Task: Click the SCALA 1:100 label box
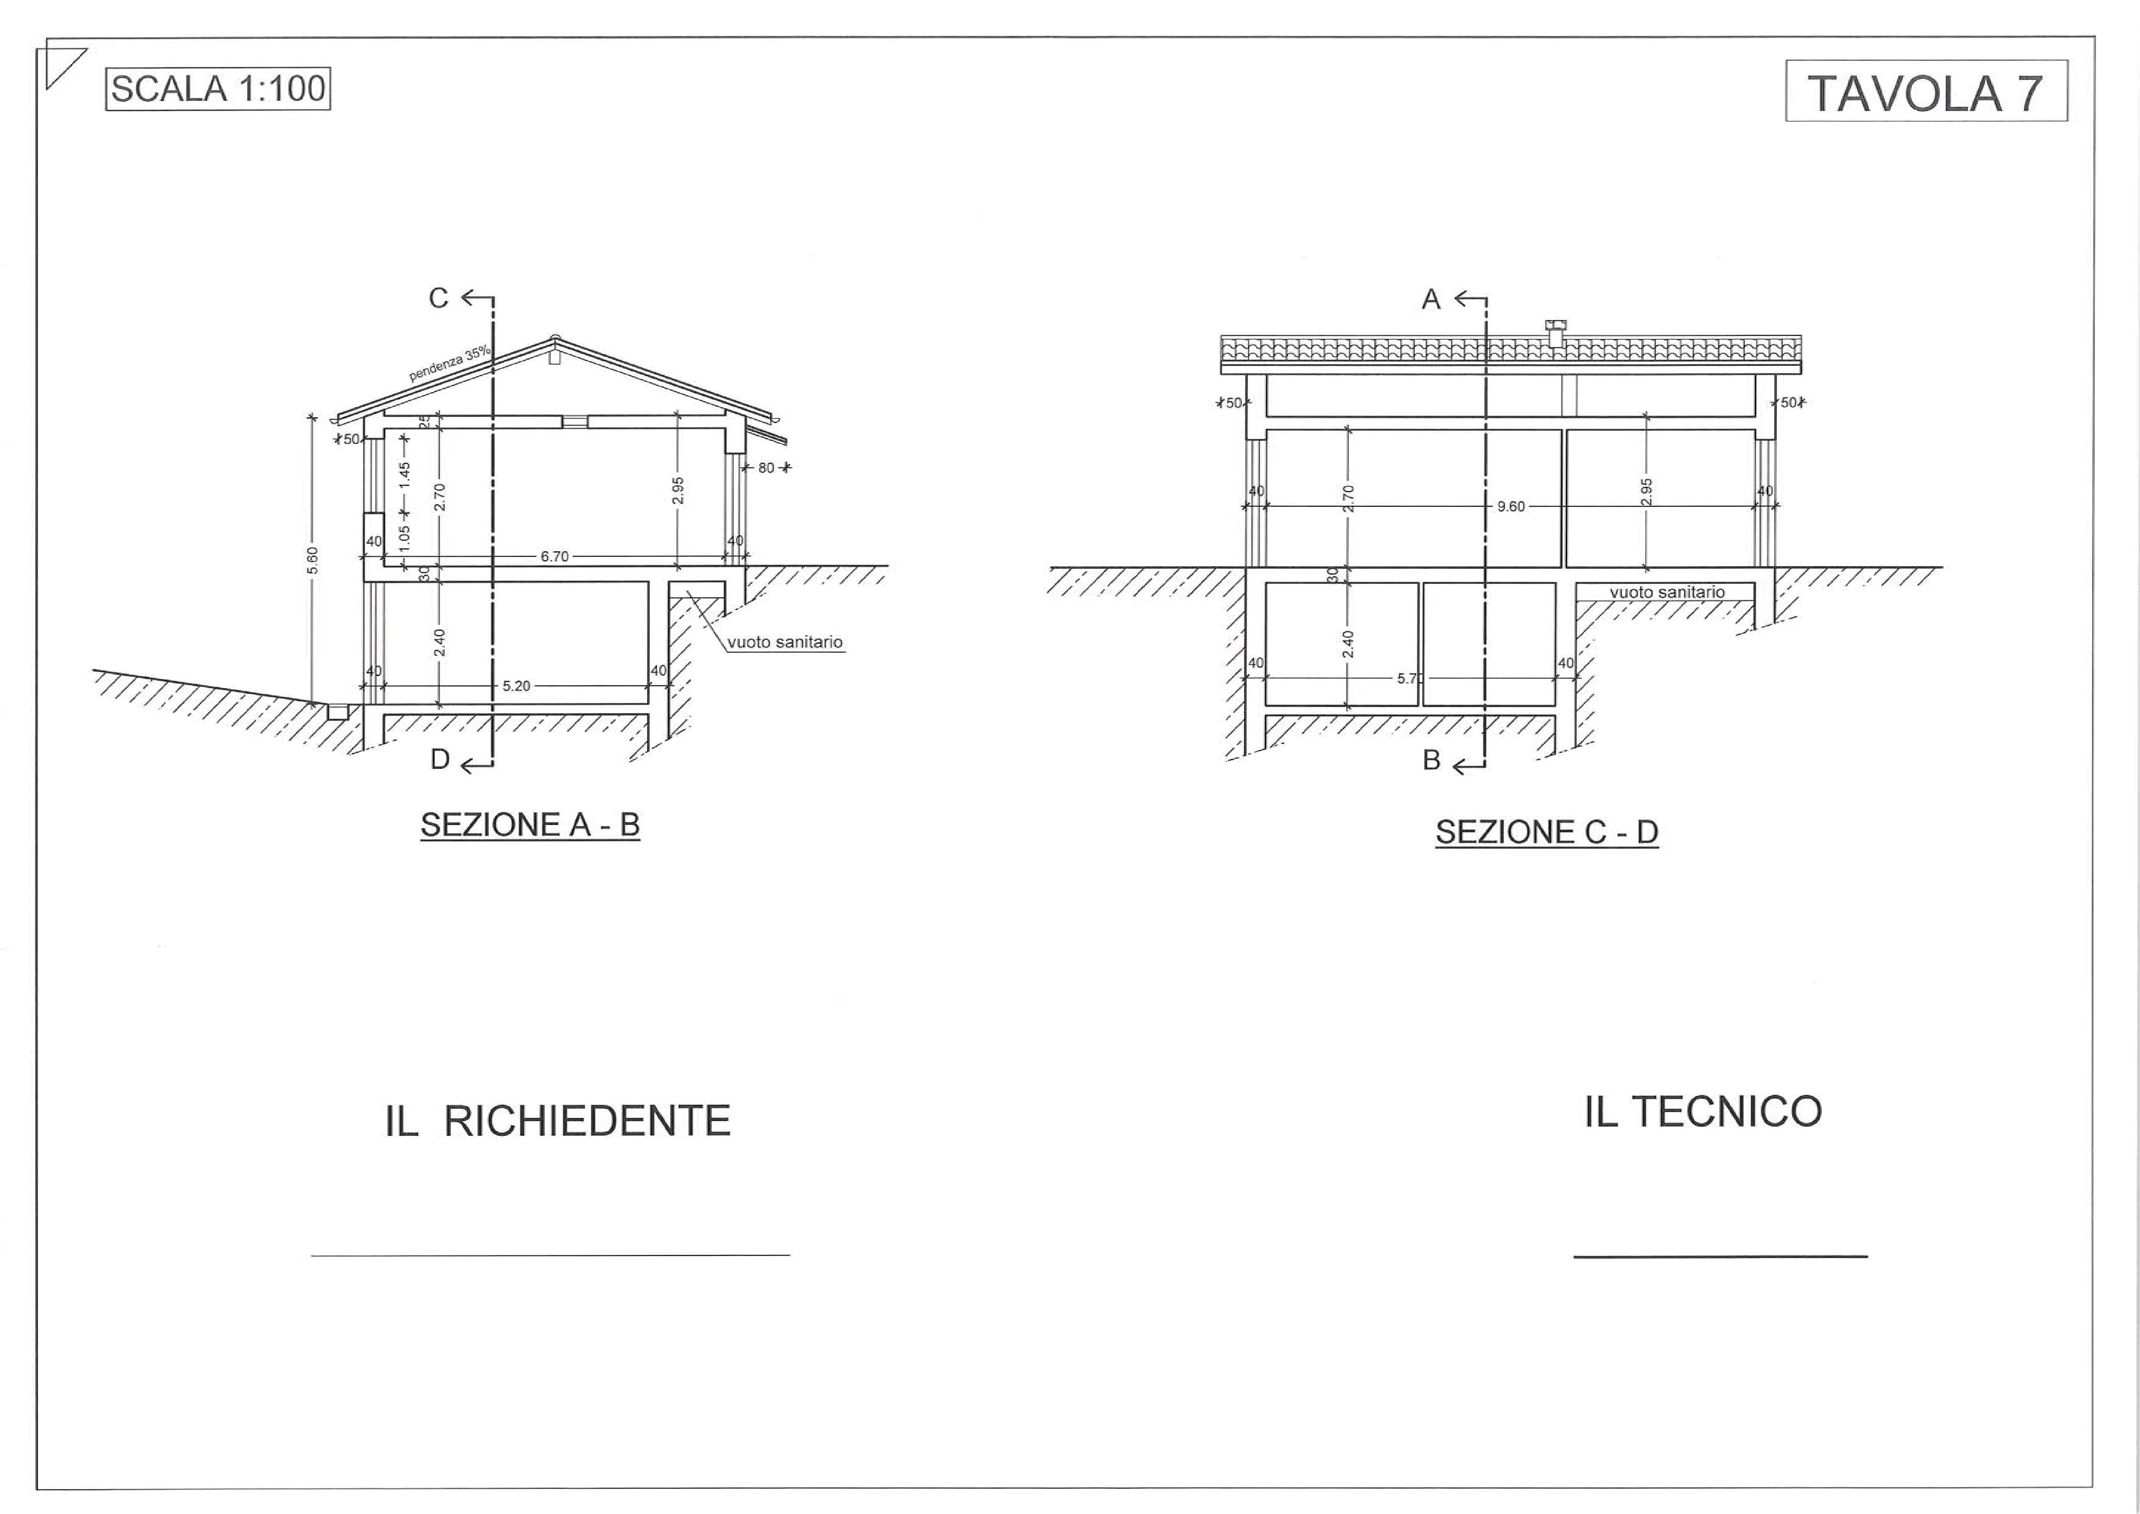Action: [x=218, y=89]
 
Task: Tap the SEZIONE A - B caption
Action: [x=529, y=825]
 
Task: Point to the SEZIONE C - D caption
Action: [x=1546, y=832]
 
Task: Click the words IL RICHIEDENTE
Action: [x=557, y=1120]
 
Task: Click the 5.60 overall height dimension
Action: [x=313, y=560]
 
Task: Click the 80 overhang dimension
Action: [x=766, y=468]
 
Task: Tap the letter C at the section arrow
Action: [x=438, y=298]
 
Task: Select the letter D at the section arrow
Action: [x=440, y=760]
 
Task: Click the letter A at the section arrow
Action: [x=1431, y=299]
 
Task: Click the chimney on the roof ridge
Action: [x=1556, y=333]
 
